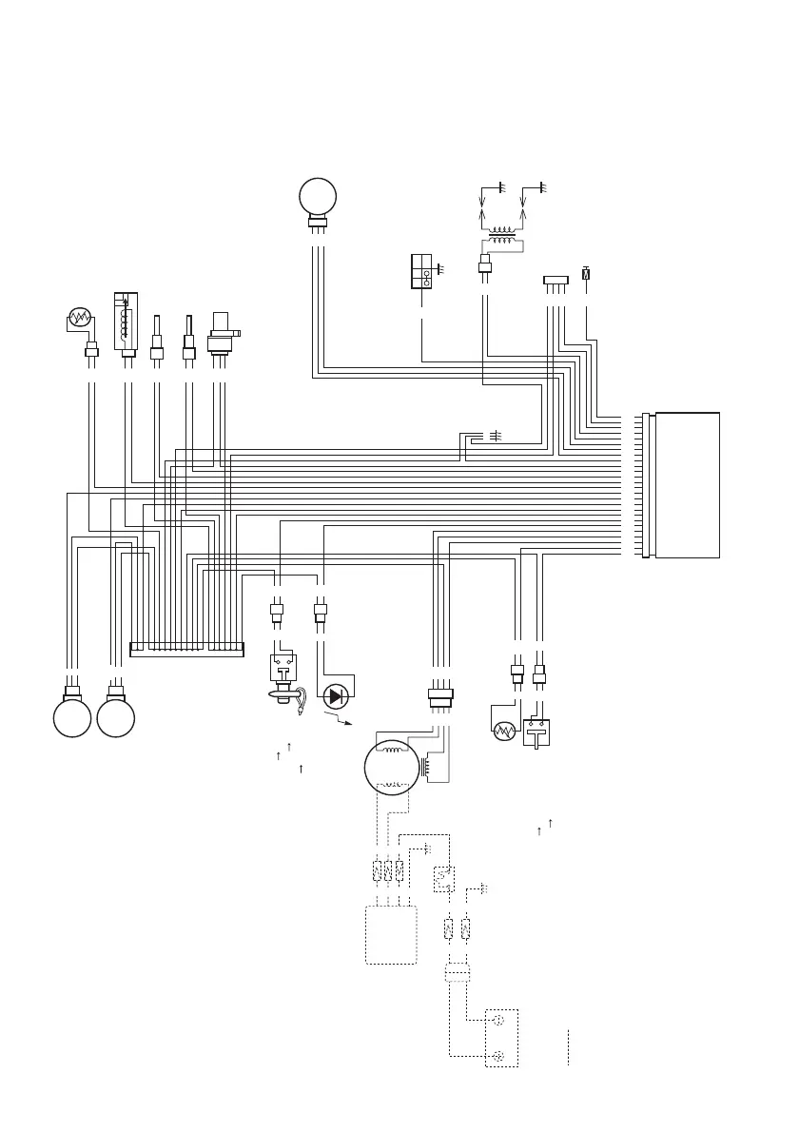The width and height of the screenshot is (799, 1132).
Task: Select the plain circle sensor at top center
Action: click(318, 198)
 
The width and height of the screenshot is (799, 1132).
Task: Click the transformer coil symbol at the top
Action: click(501, 236)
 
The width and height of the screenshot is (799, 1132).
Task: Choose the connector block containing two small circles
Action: click(421, 271)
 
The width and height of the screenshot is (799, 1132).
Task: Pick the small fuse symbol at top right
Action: click(586, 273)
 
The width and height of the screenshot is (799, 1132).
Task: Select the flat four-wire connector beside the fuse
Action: click(555, 280)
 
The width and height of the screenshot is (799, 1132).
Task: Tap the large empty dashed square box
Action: click(391, 934)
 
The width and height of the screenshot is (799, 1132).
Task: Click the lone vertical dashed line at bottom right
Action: click(568, 1046)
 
